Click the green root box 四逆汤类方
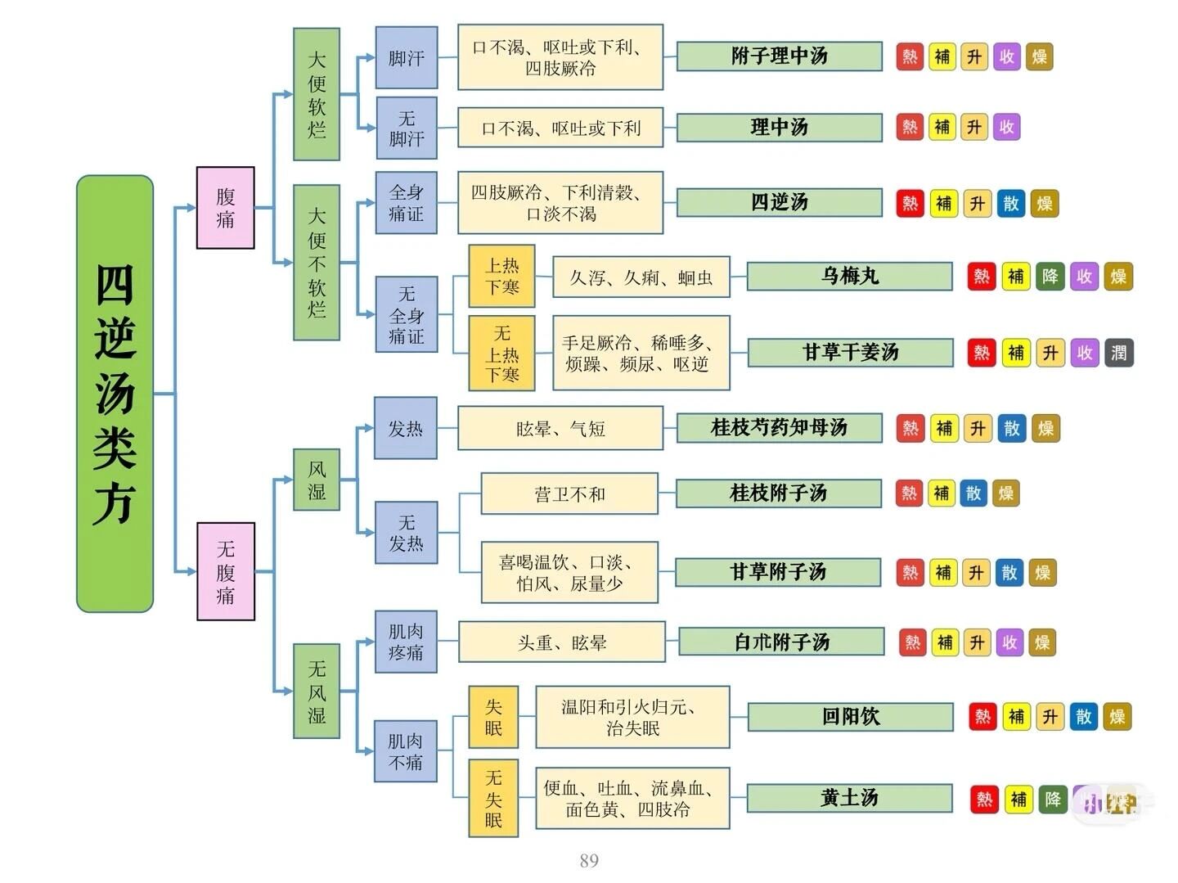(115, 394)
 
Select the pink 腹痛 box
(225, 208)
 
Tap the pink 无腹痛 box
(225, 571)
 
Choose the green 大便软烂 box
(317, 94)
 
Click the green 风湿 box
(317, 480)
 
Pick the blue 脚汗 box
(406, 57)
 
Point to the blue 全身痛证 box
(406, 203)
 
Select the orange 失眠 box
(493, 717)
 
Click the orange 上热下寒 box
(501, 276)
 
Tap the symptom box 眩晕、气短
(560, 428)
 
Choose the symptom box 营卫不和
(569, 493)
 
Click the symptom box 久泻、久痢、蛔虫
(641, 277)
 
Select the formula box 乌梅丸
(849, 277)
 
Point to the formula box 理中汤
(779, 127)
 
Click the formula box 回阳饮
(850, 717)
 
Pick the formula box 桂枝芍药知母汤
(779, 427)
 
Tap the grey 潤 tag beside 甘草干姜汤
(1118, 353)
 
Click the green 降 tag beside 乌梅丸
(1050, 277)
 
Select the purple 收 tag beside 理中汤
(1006, 127)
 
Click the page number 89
(589, 860)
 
